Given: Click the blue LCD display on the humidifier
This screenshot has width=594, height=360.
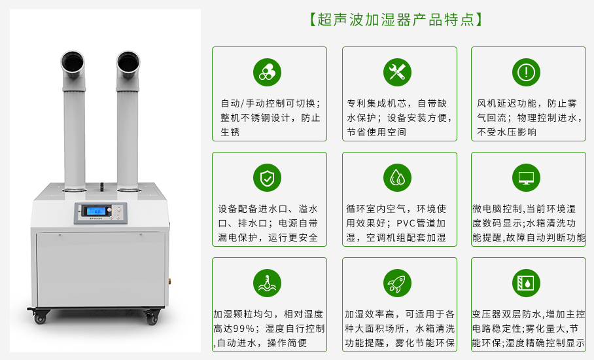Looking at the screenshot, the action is (x=96, y=211).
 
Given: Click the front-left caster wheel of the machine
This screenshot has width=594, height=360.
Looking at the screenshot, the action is (x=40, y=317).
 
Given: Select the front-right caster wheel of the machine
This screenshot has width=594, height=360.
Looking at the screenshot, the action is (x=152, y=317).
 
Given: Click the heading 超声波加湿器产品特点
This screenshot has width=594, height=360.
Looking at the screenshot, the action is (x=396, y=20).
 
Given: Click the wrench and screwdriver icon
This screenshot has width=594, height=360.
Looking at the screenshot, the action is (x=397, y=72).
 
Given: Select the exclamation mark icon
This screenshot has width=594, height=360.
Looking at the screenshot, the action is (x=526, y=72).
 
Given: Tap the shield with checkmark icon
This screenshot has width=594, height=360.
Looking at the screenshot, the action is (x=267, y=178).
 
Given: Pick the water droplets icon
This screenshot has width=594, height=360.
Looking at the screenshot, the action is (x=397, y=178).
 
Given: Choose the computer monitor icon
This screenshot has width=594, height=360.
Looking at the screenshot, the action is (x=526, y=178).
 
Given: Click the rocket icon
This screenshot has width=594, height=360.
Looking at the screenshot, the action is (x=397, y=283).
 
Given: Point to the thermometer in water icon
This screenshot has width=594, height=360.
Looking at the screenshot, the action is (x=267, y=283).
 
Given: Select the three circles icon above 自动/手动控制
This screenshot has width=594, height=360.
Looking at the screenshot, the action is (x=267, y=72).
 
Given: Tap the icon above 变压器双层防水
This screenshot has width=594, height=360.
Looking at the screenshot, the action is (x=526, y=283).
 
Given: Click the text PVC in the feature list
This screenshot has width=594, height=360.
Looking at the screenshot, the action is (x=406, y=224).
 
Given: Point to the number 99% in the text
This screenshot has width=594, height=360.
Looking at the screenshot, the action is (x=241, y=329).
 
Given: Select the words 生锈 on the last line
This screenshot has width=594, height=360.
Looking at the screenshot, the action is (x=230, y=132).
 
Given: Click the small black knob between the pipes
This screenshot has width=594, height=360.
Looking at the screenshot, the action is (x=101, y=187).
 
